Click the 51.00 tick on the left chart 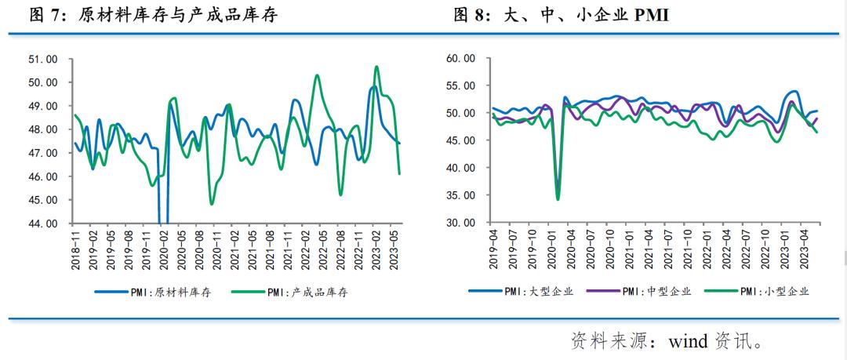pyautogui.click(x=43, y=59)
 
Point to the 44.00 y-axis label pyautogui.click(x=43, y=224)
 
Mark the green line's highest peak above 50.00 pyautogui.click(x=376, y=67)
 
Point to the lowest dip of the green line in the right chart pyautogui.click(x=558, y=199)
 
